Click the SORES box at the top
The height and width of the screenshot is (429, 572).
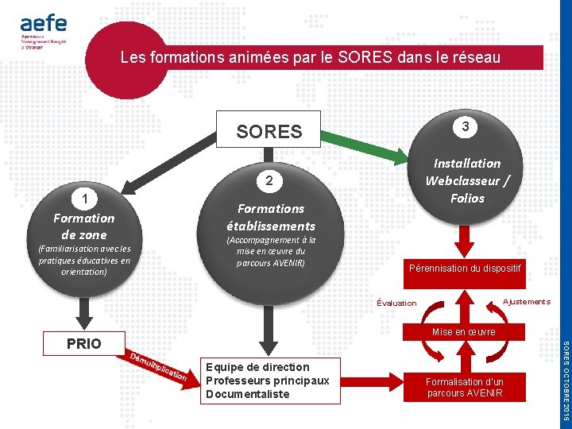pos(269,130)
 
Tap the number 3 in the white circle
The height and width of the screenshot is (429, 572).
pos(466,126)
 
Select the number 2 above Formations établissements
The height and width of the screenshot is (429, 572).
pos(269,182)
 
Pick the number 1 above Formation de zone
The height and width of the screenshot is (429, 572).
pos(83,199)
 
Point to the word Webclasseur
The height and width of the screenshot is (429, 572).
pos(466,180)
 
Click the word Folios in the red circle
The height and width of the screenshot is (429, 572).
pos(467,198)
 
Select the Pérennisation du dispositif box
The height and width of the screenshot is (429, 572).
pos(465,269)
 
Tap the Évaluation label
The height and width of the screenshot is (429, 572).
pos(396,303)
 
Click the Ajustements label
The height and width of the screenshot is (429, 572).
pos(526,301)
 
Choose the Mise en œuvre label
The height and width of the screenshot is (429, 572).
pos(464,331)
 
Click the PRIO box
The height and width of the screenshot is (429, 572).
pos(84,344)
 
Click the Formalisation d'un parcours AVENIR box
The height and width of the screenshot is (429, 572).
pos(465,387)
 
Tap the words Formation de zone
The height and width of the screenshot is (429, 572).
pos(83,226)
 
